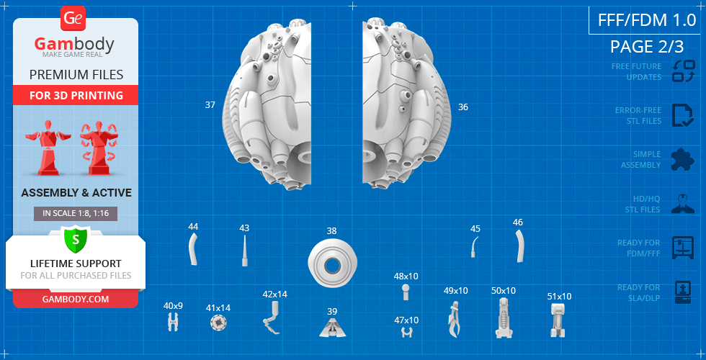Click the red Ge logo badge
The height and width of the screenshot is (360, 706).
pos(73,19)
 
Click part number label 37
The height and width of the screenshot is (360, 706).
pos(210,105)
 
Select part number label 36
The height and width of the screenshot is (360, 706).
pos(463,107)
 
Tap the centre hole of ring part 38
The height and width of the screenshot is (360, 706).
pos(332,266)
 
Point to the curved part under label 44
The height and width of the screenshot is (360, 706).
pos(193,251)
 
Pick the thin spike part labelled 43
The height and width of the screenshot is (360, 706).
pos(244,251)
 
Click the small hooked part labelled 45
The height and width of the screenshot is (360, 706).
pos(474,247)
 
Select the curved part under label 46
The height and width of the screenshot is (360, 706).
pos(519,246)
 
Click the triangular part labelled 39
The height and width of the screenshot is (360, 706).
pos(332,328)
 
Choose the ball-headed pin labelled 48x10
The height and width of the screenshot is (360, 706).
pos(406,292)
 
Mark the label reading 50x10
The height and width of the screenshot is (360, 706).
pos(504,291)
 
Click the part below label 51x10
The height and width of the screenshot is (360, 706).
pos(558,320)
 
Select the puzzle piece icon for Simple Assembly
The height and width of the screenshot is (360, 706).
pos(683,159)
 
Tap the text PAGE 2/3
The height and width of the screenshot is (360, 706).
pos(647,47)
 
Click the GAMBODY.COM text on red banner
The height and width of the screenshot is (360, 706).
pos(76,299)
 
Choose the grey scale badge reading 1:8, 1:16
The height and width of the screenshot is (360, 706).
pos(76,214)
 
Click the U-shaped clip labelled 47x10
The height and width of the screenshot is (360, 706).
pos(407,333)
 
